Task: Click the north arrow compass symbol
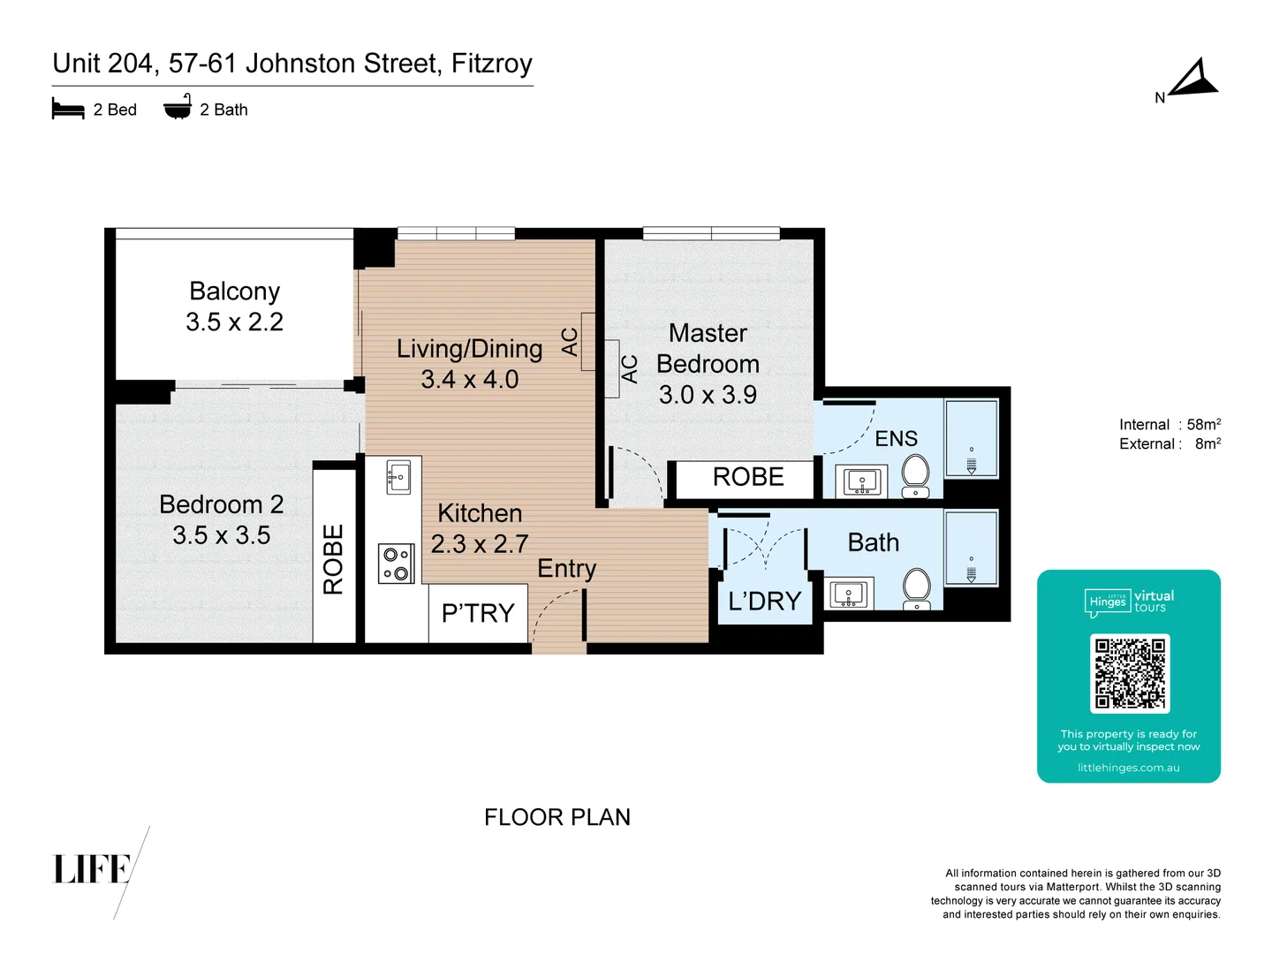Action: tap(1194, 79)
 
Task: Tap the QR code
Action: tap(1129, 673)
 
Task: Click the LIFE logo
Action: tap(92, 869)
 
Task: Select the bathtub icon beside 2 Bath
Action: tap(178, 108)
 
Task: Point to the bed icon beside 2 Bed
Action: tap(68, 109)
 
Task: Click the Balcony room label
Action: tap(234, 291)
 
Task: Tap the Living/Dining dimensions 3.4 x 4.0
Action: tap(469, 380)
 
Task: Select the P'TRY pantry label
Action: tap(478, 613)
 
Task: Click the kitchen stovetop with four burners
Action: tap(396, 564)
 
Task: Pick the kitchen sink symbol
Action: tap(398, 478)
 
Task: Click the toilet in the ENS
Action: tap(915, 477)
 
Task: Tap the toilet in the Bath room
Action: tap(916, 588)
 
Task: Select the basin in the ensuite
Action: tap(861, 482)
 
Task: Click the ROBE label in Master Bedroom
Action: tap(748, 477)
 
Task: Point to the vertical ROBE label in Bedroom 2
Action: tap(333, 559)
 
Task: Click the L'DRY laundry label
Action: tap(764, 602)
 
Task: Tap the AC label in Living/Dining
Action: tap(571, 342)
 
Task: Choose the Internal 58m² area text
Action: tap(1170, 425)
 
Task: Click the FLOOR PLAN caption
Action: tap(557, 817)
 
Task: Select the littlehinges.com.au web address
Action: tap(1128, 768)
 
